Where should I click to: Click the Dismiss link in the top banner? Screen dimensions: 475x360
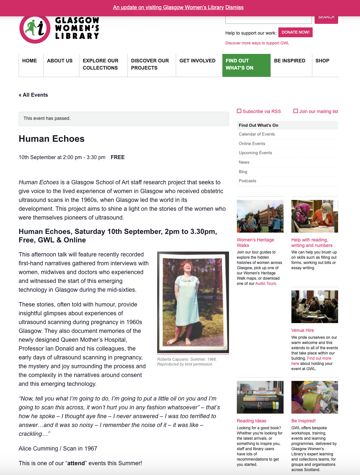234,7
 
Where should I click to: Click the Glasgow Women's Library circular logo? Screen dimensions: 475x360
35,29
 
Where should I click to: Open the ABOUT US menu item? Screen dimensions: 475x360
60,61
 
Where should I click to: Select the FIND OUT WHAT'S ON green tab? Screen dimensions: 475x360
246,65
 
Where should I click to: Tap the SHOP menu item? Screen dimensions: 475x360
322,61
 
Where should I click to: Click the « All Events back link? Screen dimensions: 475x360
33,95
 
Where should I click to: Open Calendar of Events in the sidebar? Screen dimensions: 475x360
257,134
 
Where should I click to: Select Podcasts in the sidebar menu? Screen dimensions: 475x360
247,181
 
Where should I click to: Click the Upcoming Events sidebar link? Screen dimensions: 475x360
255,153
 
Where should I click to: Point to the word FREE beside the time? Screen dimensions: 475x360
118,157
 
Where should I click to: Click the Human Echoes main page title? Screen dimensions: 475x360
52,139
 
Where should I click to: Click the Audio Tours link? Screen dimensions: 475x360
266,284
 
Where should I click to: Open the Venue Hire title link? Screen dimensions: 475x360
303,330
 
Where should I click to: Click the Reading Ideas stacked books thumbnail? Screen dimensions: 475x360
260,397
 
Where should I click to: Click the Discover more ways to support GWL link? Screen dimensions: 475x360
257,43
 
